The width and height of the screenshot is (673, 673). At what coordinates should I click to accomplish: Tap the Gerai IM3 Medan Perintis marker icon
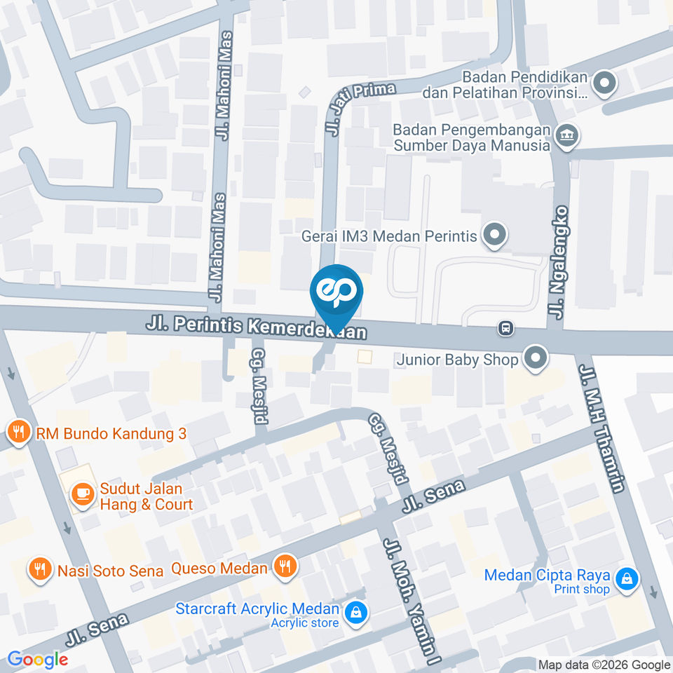pyautogui.click(x=494, y=236)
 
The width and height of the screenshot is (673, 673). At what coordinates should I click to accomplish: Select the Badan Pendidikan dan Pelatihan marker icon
pyautogui.click(x=603, y=84)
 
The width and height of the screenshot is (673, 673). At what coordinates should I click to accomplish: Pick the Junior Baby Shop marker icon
pyautogui.click(x=536, y=359)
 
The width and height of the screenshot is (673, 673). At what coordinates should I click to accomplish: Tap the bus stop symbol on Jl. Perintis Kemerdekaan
pyautogui.click(x=505, y=327)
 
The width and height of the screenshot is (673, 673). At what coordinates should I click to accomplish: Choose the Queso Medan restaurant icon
pyautogui.click(x=285, y=566)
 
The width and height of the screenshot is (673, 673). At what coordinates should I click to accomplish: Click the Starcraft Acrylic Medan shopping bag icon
pyautogui.click(x=357, y=612)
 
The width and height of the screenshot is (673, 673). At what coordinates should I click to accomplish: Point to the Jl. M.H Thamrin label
pyautogui.click(x=599, y=428)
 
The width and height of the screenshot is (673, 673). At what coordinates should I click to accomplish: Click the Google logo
pyautogui.click(x=38, y=659)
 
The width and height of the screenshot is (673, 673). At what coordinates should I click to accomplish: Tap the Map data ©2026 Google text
pyautogui.click(x=604, y=665)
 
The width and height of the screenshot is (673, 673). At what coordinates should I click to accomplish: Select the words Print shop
pyautogui.click(x=581, y=589)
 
